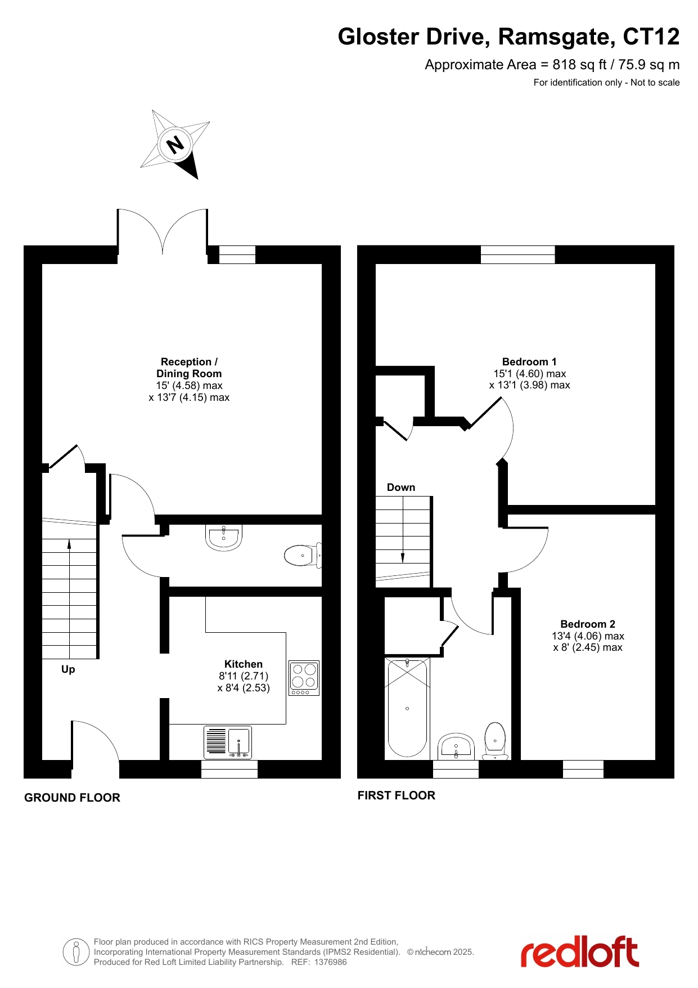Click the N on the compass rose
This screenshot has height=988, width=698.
(175, 145)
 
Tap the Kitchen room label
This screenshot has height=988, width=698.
(244, 664)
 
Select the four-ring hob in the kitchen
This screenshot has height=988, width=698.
(304, 678)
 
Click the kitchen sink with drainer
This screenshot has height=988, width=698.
(228, 743)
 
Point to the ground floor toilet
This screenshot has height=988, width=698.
(303, 556)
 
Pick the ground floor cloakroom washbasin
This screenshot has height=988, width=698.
(224, 537)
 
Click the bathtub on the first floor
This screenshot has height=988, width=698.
(407, 708)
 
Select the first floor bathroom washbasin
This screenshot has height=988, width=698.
(456, 746)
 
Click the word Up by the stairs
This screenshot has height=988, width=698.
(68, 669)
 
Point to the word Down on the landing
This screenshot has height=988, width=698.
(401, 488)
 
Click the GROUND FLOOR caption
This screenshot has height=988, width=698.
(72, 798)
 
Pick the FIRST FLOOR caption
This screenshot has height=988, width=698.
(397, 795)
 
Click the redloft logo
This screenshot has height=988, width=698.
(580, 952)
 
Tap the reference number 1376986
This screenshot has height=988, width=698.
(331, 962)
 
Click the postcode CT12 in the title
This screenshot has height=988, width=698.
(651, 37)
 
